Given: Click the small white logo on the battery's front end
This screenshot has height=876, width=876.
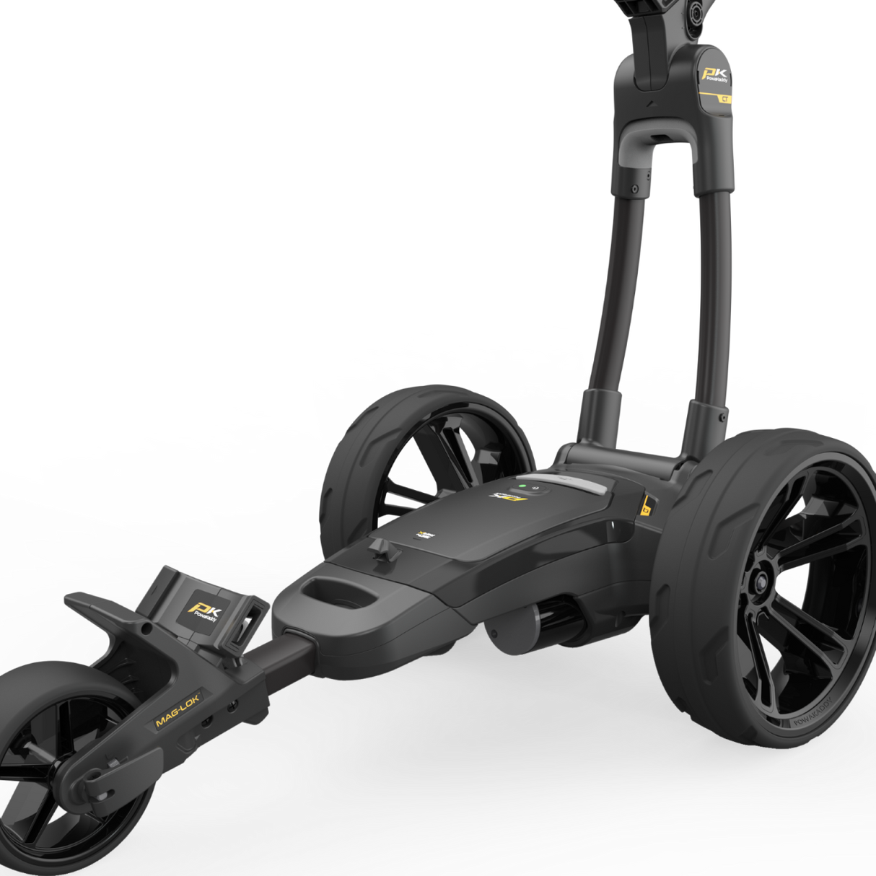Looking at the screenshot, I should coord(425,535).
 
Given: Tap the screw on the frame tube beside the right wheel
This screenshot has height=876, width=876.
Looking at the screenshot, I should coord(722,416).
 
